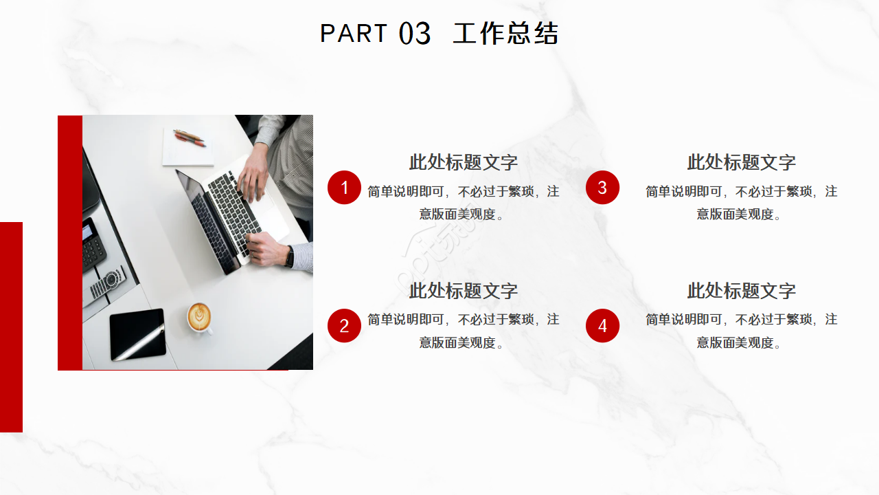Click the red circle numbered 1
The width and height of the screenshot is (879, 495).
click(344, 188)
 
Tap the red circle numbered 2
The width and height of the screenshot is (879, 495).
click(344, 326)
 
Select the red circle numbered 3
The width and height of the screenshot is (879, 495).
click(602, 188)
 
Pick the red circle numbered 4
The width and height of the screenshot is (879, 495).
click(602, 326)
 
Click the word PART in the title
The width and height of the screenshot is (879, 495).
click(354, 33)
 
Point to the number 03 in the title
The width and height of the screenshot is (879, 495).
click(415, 34)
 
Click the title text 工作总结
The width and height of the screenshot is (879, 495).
click(505, 34)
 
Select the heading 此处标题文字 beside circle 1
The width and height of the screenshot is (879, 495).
click(464, 162)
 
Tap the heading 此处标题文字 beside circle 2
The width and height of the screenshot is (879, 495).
click(464, 291)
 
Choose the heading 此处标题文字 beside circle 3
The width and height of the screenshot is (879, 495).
click(742, 162)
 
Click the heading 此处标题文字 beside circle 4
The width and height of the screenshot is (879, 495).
click(742, 291)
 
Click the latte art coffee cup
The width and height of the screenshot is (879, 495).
click(199, 316)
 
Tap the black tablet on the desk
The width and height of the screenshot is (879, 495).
click(138, 334)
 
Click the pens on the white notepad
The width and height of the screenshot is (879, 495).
click(190, 137)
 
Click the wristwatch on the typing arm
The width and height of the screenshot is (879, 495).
click(290, 256)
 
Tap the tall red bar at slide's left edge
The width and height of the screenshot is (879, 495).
click(11, 327)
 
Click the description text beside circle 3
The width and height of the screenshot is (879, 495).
click(742, 202)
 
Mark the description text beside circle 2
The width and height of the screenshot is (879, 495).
click(464, 331)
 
